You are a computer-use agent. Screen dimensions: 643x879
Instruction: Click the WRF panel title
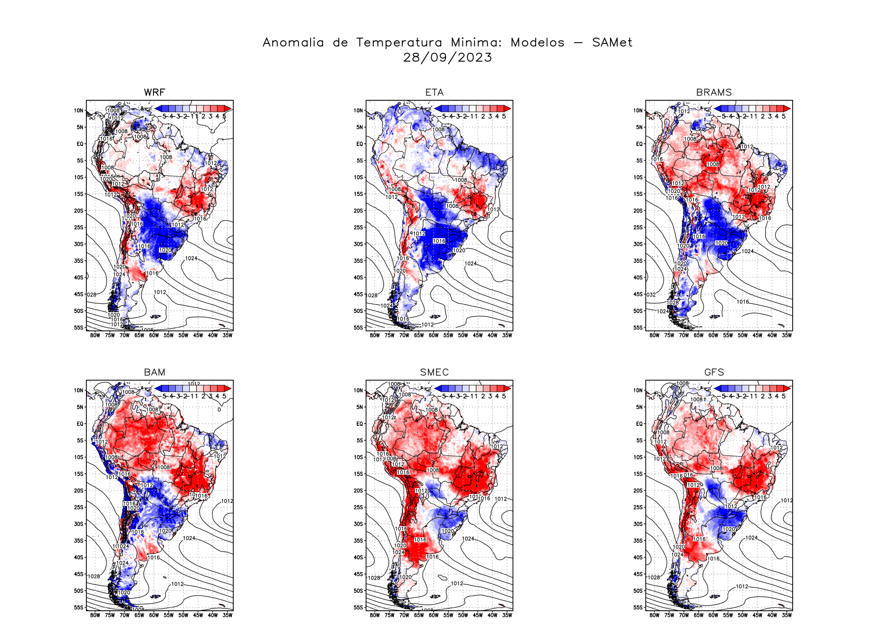point(154,92)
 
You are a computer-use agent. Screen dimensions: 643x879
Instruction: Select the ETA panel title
point(434,92)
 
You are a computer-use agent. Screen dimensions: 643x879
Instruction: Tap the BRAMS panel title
point(714,92)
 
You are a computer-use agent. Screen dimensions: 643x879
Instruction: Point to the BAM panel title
point(154,372)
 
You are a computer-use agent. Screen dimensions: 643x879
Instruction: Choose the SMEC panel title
point(434,372)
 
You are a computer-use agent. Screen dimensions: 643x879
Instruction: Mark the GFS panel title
point(714,372)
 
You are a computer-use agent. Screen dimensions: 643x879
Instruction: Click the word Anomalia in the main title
point(293,43)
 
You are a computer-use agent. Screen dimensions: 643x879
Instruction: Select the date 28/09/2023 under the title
point(448,57)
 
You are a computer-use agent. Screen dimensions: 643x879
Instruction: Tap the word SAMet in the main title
point(612,43)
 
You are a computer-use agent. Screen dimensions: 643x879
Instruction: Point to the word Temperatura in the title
point(399,43)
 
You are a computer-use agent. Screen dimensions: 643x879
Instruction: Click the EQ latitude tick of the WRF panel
point(80,144)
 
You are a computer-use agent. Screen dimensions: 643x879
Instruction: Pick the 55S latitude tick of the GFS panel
point(638,608)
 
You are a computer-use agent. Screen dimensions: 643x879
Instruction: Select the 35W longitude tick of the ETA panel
point(507,335)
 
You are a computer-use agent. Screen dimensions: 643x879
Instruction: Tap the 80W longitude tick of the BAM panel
point(95,615)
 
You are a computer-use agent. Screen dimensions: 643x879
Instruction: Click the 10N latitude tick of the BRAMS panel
point(638,111)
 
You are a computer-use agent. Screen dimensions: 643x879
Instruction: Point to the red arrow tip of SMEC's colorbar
point(508,388)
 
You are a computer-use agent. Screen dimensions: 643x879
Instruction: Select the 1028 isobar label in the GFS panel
point(654,578)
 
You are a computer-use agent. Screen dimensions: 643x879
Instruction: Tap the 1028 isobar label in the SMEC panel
point(374,578)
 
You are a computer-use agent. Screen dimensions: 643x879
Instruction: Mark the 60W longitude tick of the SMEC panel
point(433,615)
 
